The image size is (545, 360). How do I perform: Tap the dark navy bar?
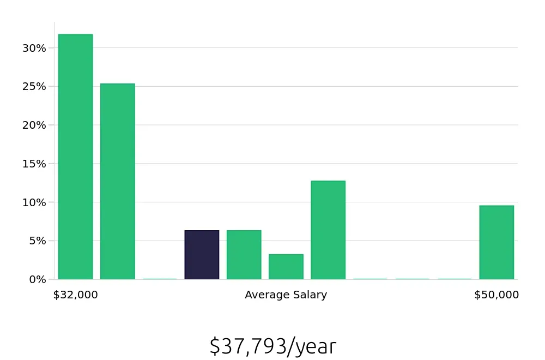click(x=202, y=255)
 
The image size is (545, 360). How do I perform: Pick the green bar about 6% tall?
click(x=244, y=255)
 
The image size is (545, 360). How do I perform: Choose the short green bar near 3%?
click(x=286, y=267)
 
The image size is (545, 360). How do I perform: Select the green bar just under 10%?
click(x=496, y=242)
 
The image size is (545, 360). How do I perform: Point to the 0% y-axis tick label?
click(x=38, y=279)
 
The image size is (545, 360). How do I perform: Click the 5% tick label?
click(x=38, y=241)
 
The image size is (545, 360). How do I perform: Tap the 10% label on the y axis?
click(x=35, y=202)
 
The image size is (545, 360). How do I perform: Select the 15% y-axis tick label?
click(x=35, y=164)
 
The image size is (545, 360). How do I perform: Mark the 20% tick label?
click(x=35, y=125)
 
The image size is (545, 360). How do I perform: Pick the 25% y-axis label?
click(x=35, y=86)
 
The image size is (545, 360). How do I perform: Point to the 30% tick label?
click(x=35, y=48)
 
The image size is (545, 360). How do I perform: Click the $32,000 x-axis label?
click(x=75, y=295)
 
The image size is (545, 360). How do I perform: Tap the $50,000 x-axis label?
click(x=496, y=295)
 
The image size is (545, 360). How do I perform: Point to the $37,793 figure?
click(x=248, y=346)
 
